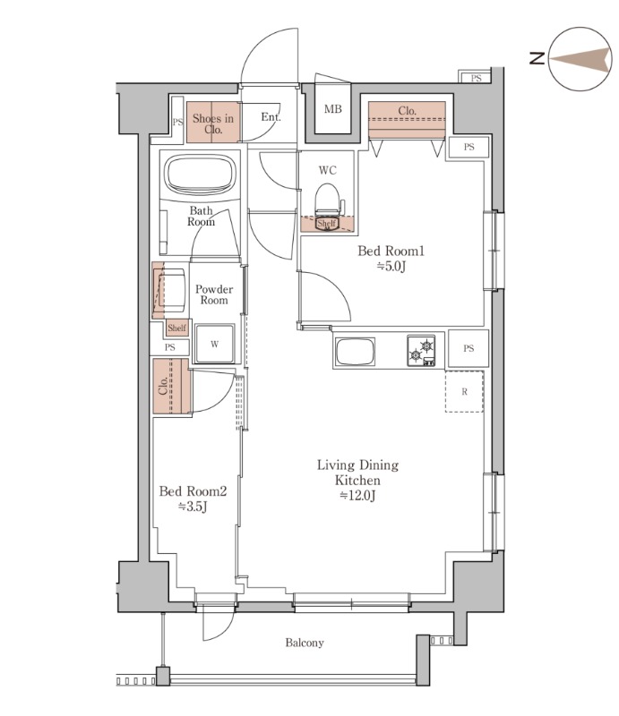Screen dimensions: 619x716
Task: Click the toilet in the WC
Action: click(327, 200)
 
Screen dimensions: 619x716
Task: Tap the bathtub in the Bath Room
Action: click(201, 175)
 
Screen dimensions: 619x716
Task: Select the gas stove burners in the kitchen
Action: click(421, 351)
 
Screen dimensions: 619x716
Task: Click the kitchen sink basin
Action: click(356, 352)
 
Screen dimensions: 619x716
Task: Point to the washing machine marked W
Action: click(214, 344)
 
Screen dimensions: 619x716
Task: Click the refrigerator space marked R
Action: click(465, 391)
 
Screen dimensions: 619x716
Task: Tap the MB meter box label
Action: click(333, 108)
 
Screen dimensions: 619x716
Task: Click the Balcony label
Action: click(305, 643)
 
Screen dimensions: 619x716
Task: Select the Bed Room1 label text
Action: click(391, 251)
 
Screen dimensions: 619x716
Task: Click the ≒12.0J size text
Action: click(358, 495)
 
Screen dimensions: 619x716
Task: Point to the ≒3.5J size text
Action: click(193, 507)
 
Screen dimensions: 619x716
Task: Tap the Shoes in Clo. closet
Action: click(213, 122)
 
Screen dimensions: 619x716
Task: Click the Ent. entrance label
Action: click(271, 117)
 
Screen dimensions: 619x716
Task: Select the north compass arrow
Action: click(580, 59)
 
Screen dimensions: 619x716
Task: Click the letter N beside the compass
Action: click(537, 58)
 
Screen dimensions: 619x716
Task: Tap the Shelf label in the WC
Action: click(326, 223)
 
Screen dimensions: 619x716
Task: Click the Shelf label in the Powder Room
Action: click(177, 328)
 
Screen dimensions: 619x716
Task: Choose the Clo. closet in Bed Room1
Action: click(407, 120)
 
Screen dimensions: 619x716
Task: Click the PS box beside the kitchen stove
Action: click(469, 348)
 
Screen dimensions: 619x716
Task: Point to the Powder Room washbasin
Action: click(169, 290)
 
